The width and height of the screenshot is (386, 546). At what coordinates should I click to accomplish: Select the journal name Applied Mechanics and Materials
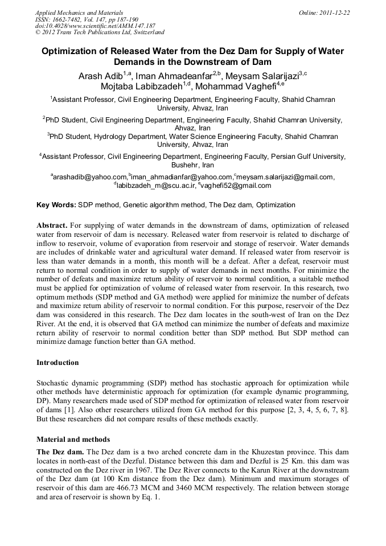pos(79,12)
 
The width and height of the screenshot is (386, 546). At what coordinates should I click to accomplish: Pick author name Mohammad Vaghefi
pos(235,87)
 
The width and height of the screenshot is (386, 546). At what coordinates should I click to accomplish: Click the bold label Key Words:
pos(56,204)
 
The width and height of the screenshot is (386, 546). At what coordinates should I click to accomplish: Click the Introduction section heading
pos(58,362)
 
